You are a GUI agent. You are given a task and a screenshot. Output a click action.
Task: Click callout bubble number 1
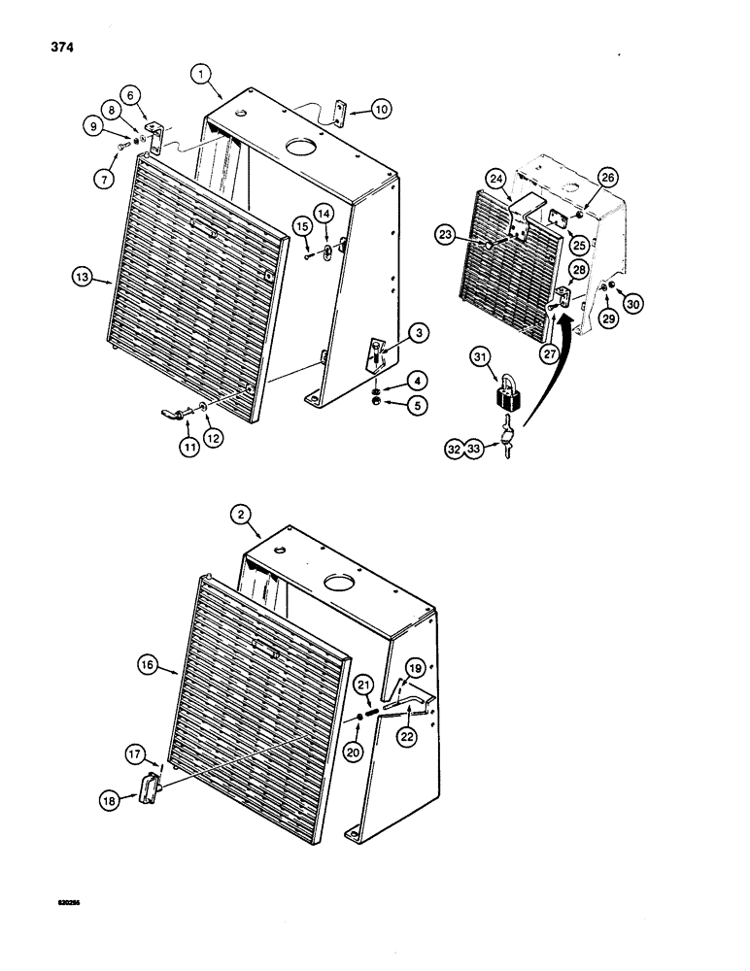[x=199, y=73]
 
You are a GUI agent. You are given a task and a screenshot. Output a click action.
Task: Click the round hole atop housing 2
[x=342, y=585]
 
